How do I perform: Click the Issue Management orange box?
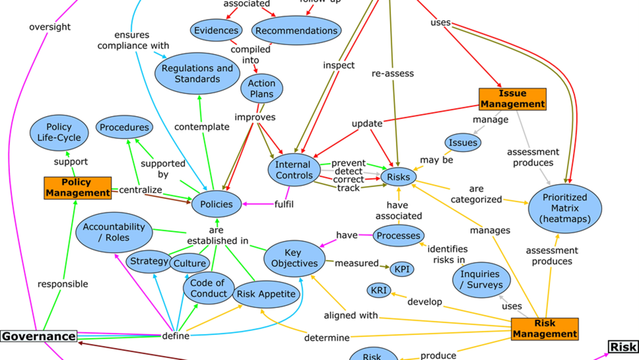(512, 99)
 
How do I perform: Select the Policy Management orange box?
(77, 187)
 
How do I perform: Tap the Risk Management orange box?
(544, 329)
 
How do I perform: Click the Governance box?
(38, 336)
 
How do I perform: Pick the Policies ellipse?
(217, 204)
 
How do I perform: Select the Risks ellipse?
(399, 176)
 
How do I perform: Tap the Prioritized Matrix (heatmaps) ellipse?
(564, 208)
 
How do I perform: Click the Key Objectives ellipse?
(293, 258)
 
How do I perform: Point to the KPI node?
(402, 269)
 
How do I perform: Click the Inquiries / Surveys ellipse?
(480, 279)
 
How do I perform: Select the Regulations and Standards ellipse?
(197, 74)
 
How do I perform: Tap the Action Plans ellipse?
(261, 89)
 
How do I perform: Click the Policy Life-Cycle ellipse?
(59, 132)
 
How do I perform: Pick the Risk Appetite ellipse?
(264, 293)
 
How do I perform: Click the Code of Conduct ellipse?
(208, 288)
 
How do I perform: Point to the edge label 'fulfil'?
(284, 204)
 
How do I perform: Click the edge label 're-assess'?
(393, 74)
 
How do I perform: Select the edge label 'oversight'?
(50, 27)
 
